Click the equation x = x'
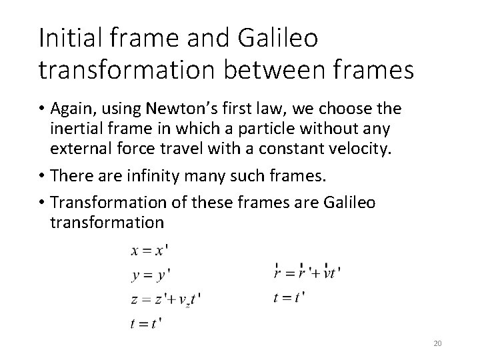(149, 251)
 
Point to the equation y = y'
(149, 274)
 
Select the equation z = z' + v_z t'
(165, 299)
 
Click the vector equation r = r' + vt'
(307, 272)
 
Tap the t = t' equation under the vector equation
(289, 297)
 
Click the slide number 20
(437, 343)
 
